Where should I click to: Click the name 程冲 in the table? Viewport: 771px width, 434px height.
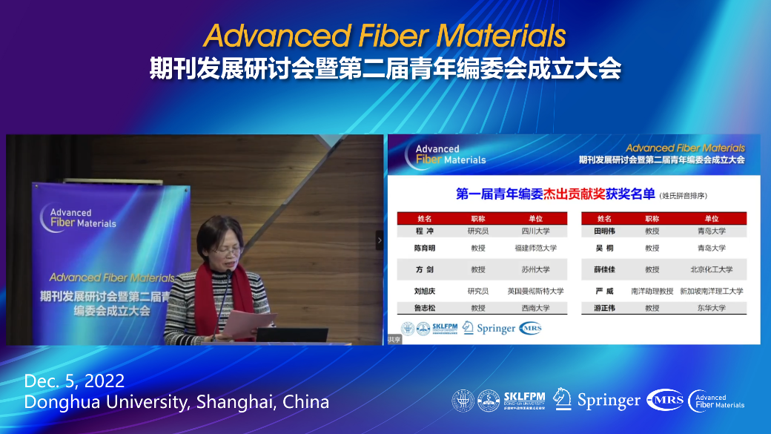tap(425, 231)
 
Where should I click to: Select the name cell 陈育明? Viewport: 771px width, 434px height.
tap(425, 248)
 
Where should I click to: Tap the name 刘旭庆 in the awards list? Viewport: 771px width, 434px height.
tap(425, 291)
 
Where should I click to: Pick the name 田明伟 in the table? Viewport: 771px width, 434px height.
tap(604, 231)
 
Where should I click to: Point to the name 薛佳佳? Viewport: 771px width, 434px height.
tap(604, 269)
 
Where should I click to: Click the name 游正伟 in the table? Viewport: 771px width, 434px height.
tap(604, 308)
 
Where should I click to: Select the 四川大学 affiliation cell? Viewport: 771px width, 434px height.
tap(535, 231)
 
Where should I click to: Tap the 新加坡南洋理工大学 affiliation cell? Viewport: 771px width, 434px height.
tap(711, 291)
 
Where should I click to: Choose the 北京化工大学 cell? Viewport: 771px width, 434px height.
tap(711, 269)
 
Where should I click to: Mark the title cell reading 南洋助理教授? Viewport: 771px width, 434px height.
tap(652, 291)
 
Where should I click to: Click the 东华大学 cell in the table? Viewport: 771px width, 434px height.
tap(711, 308)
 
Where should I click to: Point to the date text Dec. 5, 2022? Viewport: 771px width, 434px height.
tap(74, 381)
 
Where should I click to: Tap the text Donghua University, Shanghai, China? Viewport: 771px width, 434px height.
tap(176, 402)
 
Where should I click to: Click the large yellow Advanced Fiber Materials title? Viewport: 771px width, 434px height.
tap(385, 36)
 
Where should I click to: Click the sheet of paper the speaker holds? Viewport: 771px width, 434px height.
tap(249, 323)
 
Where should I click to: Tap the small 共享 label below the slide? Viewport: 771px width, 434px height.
tap(394, 340)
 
